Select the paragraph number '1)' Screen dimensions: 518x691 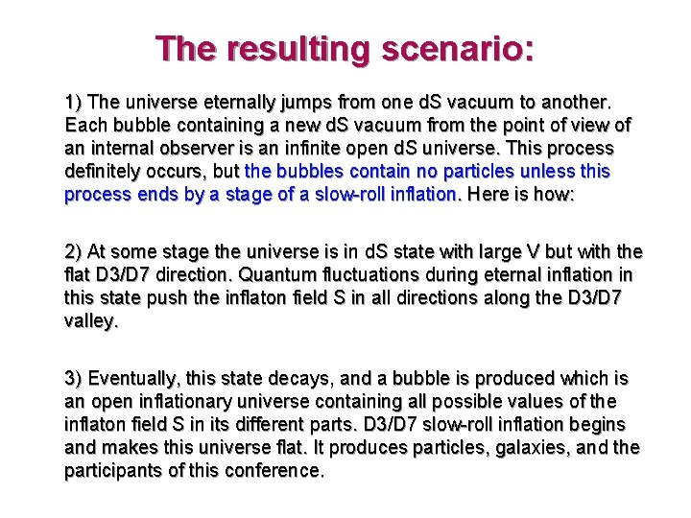tap(74, 102)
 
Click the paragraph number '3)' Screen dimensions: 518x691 tap(74, 379)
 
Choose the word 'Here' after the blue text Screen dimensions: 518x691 tap(487, 195)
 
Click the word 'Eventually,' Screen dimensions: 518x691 tap(132, 379)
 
